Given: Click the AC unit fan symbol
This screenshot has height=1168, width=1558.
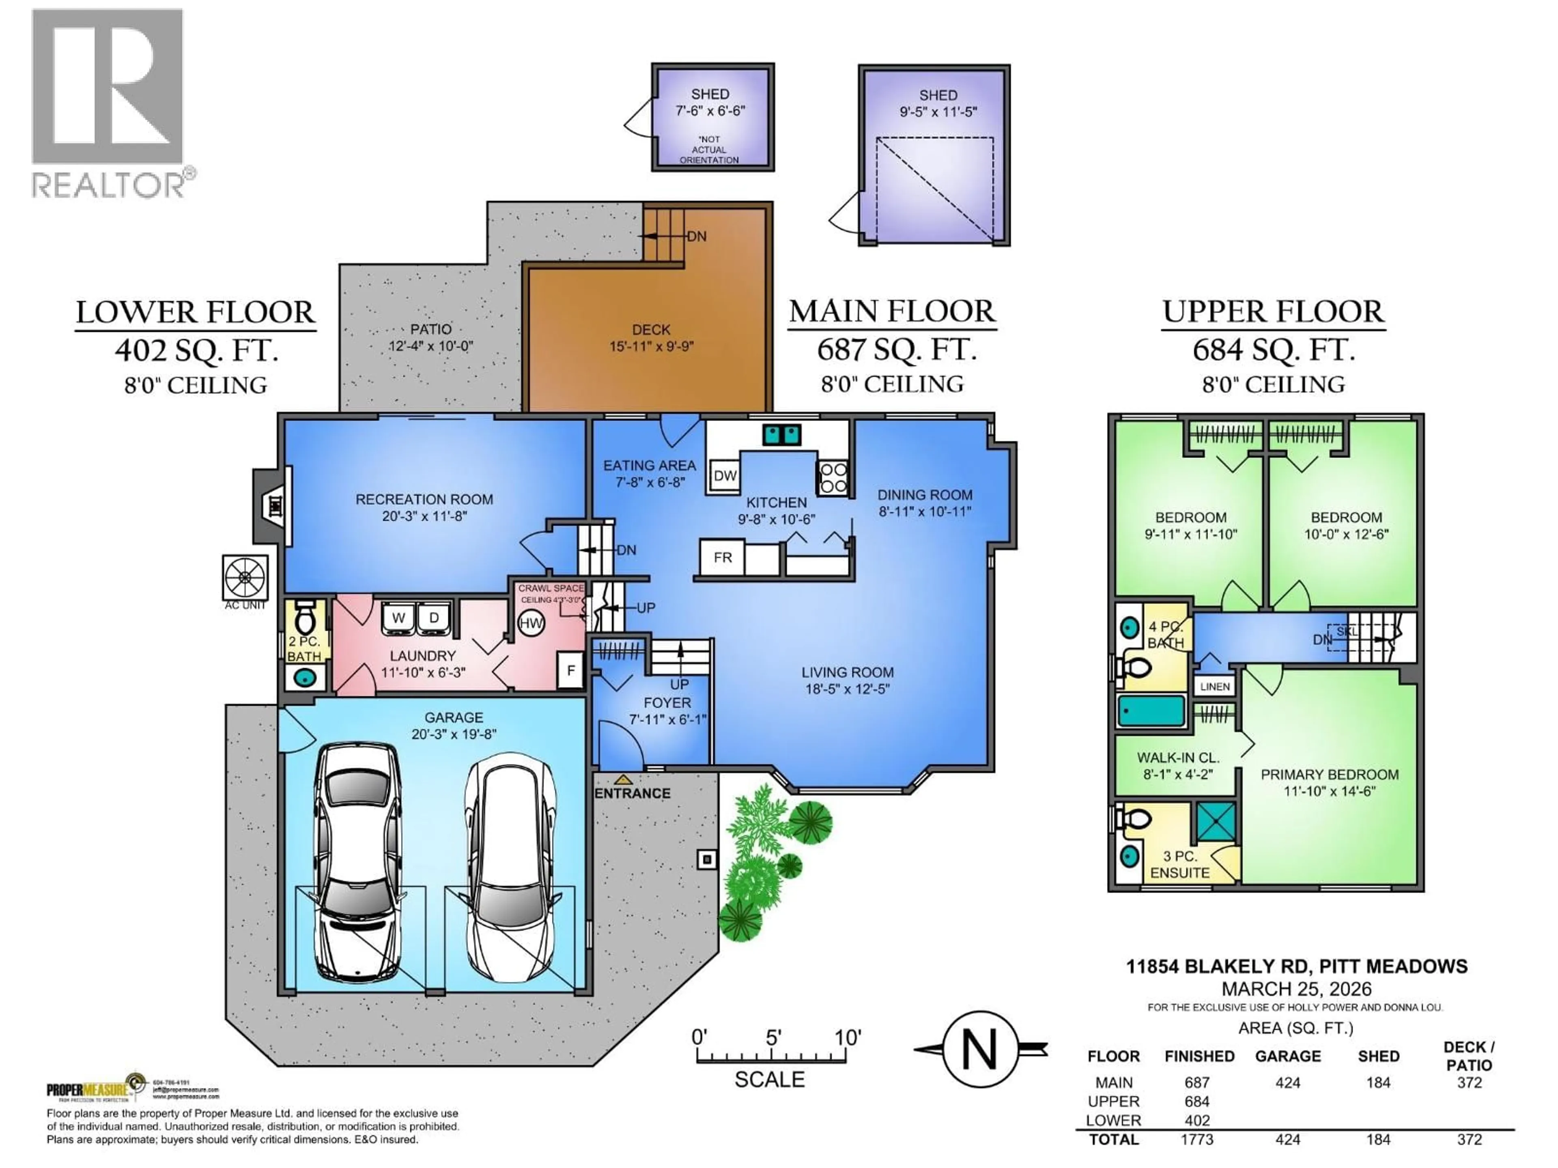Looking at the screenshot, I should click(245, 578).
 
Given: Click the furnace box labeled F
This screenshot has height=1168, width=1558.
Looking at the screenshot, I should click(570, 670).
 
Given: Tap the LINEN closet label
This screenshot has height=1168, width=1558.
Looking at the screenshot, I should click(1214, 687).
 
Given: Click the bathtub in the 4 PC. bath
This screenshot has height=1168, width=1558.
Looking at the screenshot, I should click(1151, 711).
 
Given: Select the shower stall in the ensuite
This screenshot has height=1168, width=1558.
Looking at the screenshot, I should click(1216, 821).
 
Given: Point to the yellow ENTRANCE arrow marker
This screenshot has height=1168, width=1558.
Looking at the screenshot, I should click(623, 780).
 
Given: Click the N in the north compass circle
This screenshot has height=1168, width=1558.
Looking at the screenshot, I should click(980, 1050).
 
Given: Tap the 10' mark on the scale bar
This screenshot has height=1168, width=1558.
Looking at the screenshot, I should click(847, 1038).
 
